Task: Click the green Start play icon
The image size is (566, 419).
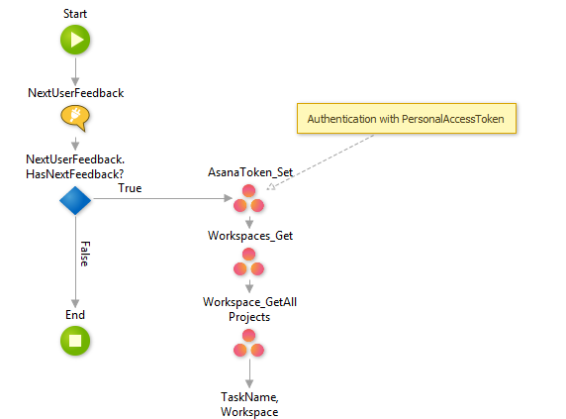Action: pos(75,40)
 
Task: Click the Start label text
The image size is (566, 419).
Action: pos(75,13)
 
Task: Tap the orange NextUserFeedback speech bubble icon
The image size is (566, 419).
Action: pos(75,119)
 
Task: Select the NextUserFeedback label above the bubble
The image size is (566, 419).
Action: pos(75,93)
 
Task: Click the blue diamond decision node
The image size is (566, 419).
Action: pos(75,201)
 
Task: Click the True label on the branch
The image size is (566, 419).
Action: pos(129,187)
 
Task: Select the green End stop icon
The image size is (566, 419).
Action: pos(75,342)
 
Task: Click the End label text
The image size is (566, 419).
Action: pos(75,315)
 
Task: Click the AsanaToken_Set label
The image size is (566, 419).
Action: pos(249,171)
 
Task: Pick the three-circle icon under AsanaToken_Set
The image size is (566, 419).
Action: pos(249,201)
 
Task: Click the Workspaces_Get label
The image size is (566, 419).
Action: pos(249,237)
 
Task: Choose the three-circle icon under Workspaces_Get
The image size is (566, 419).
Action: pos(249,265)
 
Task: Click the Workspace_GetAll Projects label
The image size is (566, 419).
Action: pos(249,309)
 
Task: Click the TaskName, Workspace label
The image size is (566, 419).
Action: pos(249,403)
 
